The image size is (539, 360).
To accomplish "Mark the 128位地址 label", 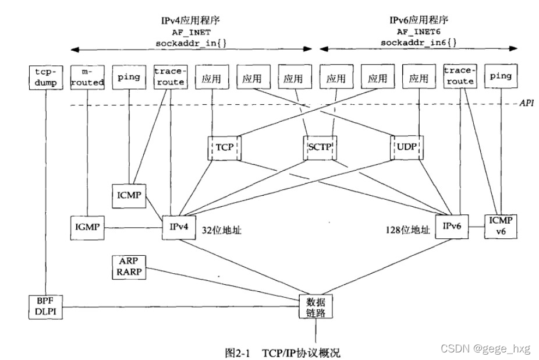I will point(407,230).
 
